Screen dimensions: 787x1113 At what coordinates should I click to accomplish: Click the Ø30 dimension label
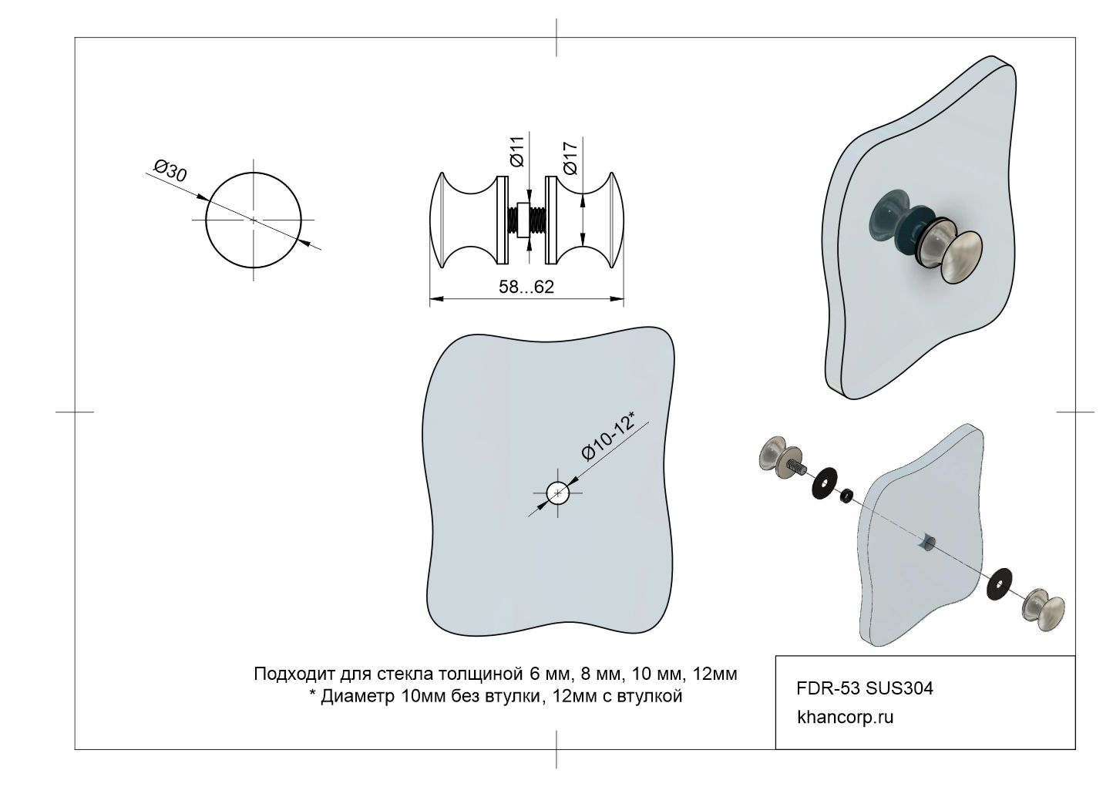[x=171, y=170]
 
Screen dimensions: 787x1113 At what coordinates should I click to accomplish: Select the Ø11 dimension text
[x=517, y=151]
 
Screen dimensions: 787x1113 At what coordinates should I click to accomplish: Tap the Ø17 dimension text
[x=571, y=157]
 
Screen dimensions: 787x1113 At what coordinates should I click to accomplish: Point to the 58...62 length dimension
[x=526, y=287]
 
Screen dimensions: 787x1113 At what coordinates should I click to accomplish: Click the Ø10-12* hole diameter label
[x=608, y=436]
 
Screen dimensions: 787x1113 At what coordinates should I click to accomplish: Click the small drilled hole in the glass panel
[x=557, y=493]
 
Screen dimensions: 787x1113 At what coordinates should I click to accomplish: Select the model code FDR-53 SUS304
[x=864, y=688]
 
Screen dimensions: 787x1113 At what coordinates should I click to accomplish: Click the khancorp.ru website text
[x=845, y=717]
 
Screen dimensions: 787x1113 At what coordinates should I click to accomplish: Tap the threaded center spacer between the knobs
[x=526, y=220]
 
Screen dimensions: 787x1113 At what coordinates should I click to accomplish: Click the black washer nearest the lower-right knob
[x=999, y=583]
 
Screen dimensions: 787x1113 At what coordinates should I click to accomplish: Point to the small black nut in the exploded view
[x=846, y=495]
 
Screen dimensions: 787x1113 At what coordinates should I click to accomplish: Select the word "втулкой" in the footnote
[x=654, y=697]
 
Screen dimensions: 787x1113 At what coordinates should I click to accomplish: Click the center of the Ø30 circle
[x=253, y=220]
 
